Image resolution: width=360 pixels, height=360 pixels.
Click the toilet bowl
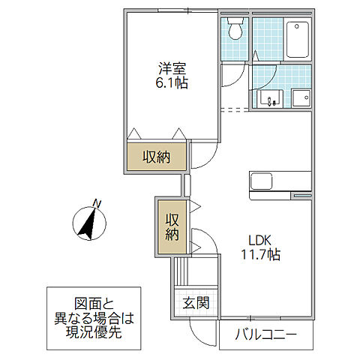(235, 31)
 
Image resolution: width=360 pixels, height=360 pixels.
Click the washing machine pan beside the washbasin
(301, 98)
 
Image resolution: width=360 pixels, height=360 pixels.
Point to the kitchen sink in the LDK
(263, 182)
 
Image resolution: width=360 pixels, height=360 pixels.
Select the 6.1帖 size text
(172, 83)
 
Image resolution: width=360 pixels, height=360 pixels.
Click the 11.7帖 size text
(259, 255)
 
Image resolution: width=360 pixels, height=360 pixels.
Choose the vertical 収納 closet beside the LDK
(172, 226)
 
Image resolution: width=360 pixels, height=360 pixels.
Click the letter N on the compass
(96, 202)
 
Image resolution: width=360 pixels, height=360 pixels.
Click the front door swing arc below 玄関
(202, 330)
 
